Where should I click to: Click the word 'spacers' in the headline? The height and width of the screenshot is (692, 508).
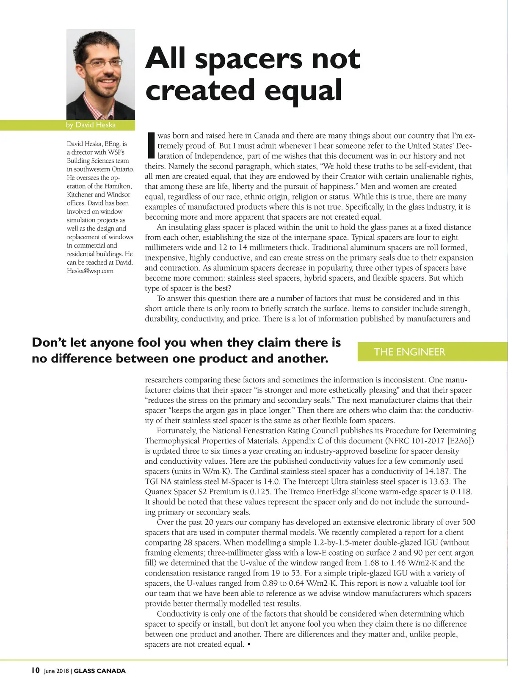tap(248, 58)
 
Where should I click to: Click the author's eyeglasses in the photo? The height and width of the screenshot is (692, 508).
tap(102, 64)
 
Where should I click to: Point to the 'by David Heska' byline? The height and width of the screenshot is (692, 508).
tap(91, 125)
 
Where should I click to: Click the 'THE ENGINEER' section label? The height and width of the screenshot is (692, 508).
tap(409, 352)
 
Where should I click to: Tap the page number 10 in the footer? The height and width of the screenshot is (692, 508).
tap(35, 670)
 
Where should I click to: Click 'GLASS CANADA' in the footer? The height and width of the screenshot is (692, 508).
tap(100, 671)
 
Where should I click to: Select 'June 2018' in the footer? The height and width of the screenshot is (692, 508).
tap(56, 671)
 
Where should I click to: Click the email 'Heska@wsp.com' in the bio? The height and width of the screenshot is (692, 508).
tap(90, 271)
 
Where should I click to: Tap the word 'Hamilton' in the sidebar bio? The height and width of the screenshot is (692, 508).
tap(118, 186)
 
